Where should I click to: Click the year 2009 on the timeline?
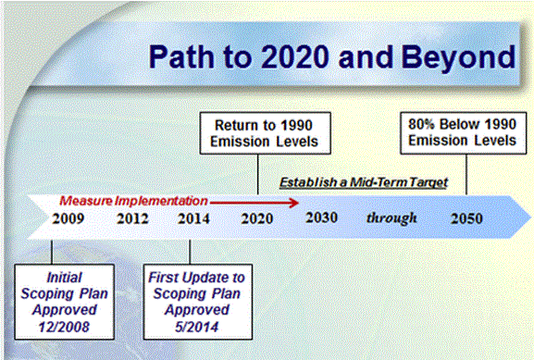pos(70,219)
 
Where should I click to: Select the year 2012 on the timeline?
pos(134,219)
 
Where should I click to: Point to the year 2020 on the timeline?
pos(256,219)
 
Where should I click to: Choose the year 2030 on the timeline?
pos(321,218)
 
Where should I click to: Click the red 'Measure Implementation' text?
pos(133,198)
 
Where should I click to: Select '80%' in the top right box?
pos(422,123)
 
